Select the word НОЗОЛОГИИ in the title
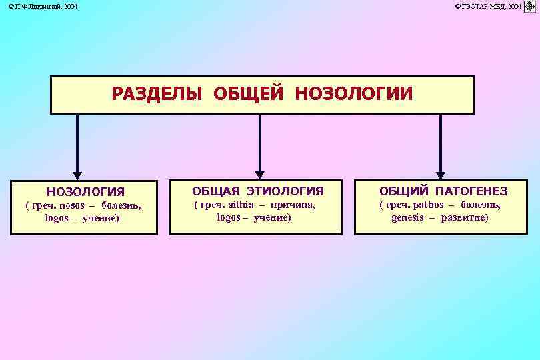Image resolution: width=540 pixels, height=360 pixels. [x=353, y=94]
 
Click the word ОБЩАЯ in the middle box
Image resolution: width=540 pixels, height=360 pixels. [x=213, y=191]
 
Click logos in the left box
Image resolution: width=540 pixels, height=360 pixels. [x=56, y=218]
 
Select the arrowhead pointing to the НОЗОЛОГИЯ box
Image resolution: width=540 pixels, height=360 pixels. [x=77, y=173]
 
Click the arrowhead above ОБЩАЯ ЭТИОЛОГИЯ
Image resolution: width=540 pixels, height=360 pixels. [x=260, y=173]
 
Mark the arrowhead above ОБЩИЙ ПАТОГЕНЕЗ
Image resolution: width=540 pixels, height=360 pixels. [x=440, y=173]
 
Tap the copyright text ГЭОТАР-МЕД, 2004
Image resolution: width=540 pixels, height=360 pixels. [x=488, y=6]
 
